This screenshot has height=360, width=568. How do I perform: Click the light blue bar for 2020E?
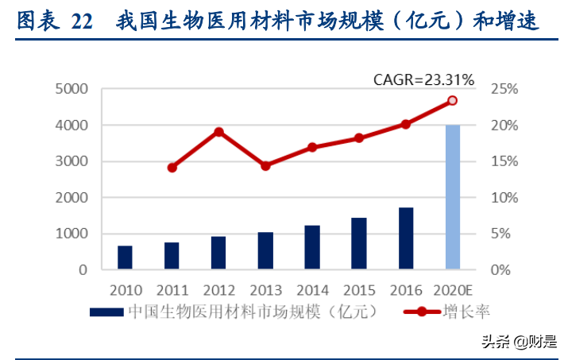pyautogui.click(x=452, y=197)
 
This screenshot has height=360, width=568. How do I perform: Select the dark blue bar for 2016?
pyautogui.click(x=406, y=238)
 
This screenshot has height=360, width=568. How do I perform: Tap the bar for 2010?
pyautogui.click(x=125, y=257)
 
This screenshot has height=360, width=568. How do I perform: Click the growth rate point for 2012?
pyautogui.click(x=218, y=132)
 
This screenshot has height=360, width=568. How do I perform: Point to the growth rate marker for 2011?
pyautogui.click(x=172, y=167)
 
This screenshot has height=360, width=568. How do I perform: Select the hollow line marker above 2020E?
pyautogui.click(x=452, y=101)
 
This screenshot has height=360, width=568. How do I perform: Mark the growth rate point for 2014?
pyautogui.click(x=312, y=147)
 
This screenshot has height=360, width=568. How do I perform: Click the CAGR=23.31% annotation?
pyautogui.click(x=424, y=79)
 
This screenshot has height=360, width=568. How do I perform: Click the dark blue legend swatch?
pyautogui.click(x=105, y=312)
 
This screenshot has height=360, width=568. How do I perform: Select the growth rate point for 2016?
pyautogui.click(x=405, y=124)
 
